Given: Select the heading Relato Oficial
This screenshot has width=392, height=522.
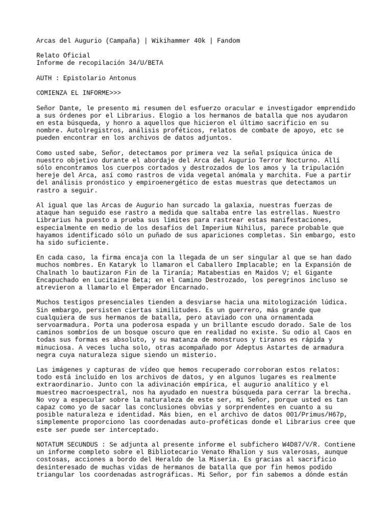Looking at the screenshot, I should [x=63, y=55].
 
